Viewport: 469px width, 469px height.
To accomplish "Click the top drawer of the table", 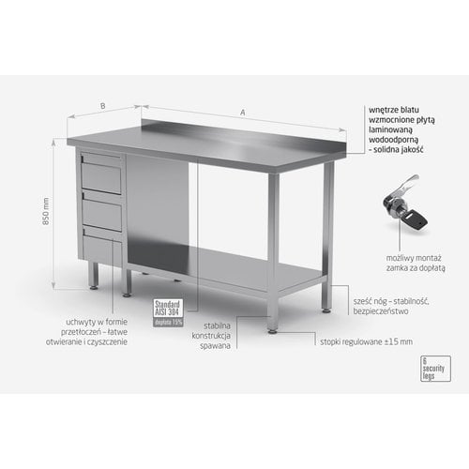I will tap(102, 174).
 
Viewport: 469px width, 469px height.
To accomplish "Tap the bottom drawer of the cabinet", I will tap(102, 245).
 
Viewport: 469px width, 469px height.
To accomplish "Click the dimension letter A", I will tap(243, 113).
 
